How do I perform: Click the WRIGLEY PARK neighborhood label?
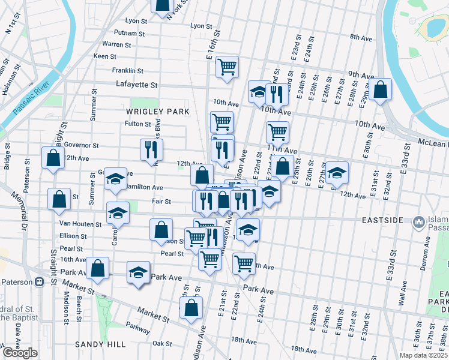157,112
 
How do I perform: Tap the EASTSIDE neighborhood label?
382,221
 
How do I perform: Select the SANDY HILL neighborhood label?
100,344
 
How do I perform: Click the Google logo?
20,353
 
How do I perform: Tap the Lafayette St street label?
136,85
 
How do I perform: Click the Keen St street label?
105,56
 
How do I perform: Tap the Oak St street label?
162,344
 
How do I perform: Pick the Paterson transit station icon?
39,281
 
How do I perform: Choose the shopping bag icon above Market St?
191,308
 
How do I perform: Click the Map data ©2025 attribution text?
422,355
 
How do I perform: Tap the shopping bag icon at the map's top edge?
162,5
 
